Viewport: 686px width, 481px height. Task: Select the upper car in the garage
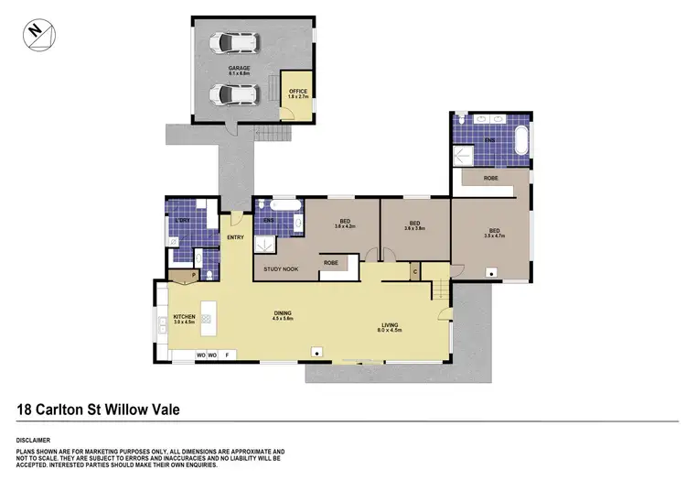click(232, 42)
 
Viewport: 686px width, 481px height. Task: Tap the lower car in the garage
click(232, 93)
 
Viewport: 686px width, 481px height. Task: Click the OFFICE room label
click(297, 91)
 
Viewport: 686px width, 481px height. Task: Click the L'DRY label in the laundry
click(181, 220)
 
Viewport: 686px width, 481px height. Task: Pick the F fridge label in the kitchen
click(227, 355)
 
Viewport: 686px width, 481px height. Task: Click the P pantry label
click(194, 273)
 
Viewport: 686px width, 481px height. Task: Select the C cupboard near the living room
click(414, 270)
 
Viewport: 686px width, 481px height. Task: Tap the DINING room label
click(283, 314)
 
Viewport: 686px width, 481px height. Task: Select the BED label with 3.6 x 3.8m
click(414, 223)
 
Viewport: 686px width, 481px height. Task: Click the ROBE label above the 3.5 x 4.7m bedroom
click(491, 178)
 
